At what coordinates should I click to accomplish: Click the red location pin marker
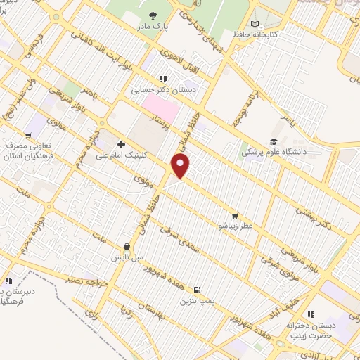(181, 166)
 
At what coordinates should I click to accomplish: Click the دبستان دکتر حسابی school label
(162, 90)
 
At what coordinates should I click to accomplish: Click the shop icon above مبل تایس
(127, 247)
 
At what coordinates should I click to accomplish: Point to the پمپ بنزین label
(195, 301)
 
